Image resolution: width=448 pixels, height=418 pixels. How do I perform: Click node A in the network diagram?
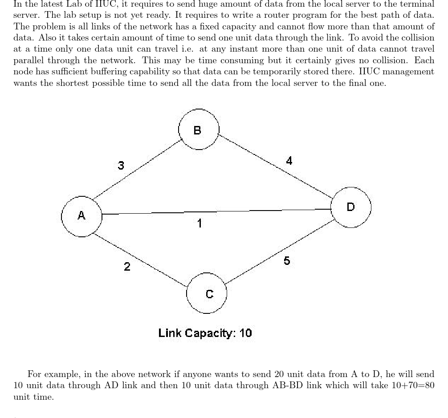(x=81, y=216)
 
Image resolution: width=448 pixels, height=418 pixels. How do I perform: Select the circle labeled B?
(x=198, y=130)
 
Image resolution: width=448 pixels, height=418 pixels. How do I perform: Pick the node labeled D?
(x=351, y=207)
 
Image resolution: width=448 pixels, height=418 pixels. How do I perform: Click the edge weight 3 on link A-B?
(x=121, y=166)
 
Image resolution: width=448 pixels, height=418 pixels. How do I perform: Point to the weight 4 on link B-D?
(x=289, y=161)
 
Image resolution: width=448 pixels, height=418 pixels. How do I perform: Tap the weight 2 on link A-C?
(x=127, y=267)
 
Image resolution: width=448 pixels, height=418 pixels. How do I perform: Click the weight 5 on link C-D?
(x=287, y=261)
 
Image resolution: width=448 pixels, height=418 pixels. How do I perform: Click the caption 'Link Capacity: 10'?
(x=205, y=333)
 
